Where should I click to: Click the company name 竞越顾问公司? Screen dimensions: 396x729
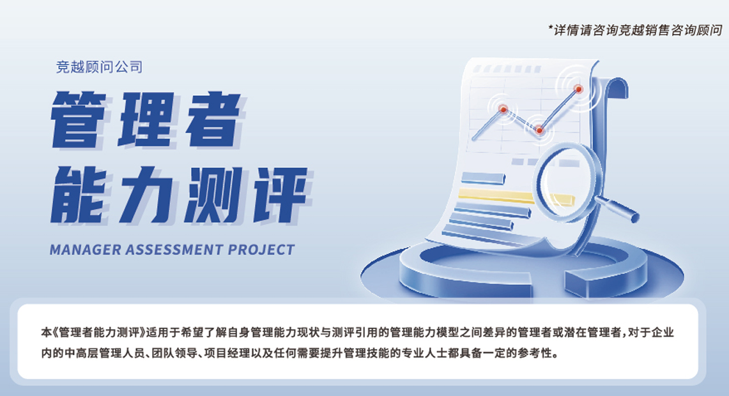tap(99, 66)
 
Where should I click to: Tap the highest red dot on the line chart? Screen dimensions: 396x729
tap(578, 89)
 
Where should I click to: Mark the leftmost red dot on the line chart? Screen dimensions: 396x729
tap(503, 109)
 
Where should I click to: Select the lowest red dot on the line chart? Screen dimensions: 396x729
tap(539, 130)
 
